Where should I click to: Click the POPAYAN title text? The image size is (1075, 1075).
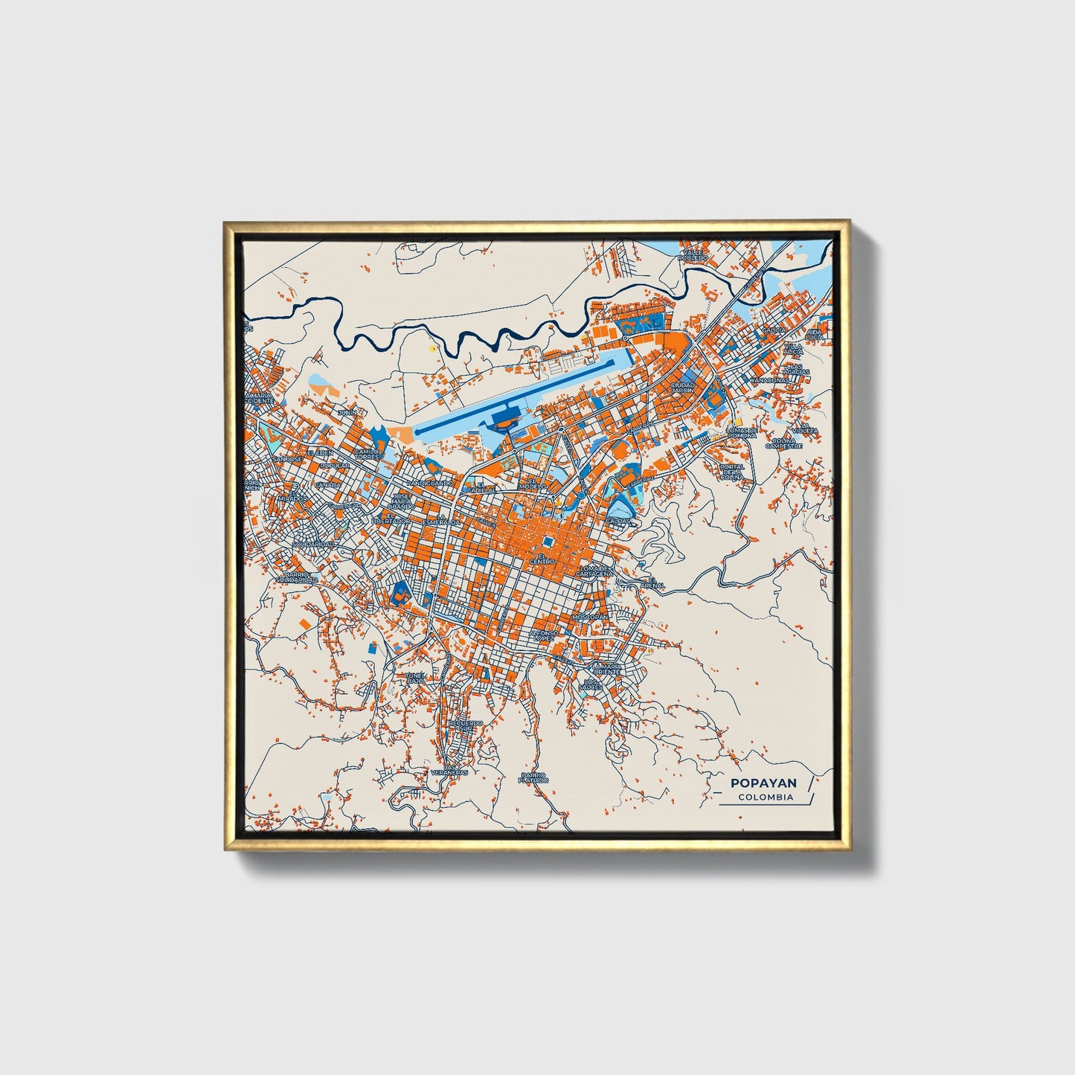pyautogui.click(x=763, y=783)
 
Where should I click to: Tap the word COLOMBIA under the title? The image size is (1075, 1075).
pyautogui.click(x=766, y=798)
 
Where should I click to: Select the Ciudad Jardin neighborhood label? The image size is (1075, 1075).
pyautogui.click(x=682, y=388)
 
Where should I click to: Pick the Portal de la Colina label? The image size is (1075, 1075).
pyautogui.click(x=732, y=472)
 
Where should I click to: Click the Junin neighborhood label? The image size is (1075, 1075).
pyautogui.click(x=347, y=412)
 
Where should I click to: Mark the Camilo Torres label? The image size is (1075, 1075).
pyautogui.click(x=366, y=453)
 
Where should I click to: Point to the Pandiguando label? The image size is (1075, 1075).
pyautogui.click(x=430, y=483)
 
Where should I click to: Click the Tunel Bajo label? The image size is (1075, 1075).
pyautogui.click(x=415, y=678)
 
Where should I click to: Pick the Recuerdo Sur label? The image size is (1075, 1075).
pyautogui.click(x=466, y=725)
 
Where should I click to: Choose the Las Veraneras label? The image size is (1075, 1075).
pyautogui.click(x=449, y=771)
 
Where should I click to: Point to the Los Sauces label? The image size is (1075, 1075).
pyautogui.click(x=591, y=684)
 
